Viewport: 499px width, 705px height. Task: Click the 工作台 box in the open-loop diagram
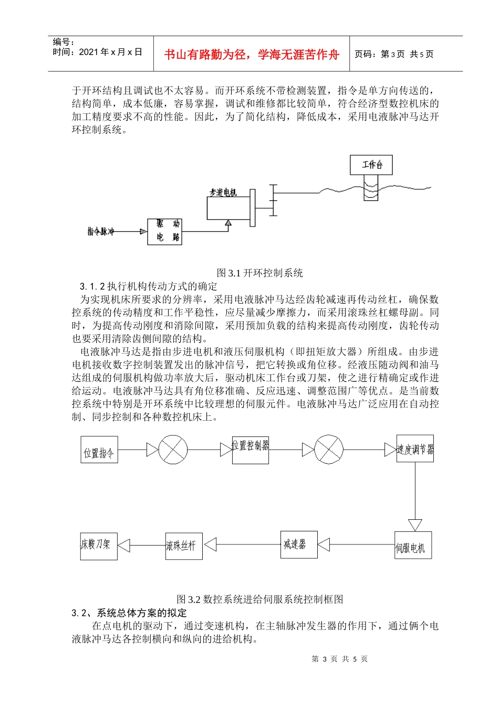[x=371, y=165]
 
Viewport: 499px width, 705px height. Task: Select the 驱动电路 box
[x=164, y=231]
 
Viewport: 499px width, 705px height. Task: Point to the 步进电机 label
[x=223, y=193]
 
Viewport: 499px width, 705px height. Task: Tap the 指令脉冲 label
[x=101, y=231]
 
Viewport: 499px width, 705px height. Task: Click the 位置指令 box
[x=99, y=450]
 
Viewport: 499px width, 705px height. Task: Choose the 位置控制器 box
[x=251, y=450]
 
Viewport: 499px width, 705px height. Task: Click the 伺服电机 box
[x=413, y=545]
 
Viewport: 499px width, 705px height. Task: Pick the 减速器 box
[x=298, y=544]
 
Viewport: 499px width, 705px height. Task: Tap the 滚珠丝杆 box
[x=184, y=546]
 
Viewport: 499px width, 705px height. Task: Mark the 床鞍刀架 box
[x=99, y=546]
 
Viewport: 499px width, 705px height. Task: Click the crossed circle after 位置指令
[x=173, y=450]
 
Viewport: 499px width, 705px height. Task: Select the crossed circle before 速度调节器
[x=329, y=450]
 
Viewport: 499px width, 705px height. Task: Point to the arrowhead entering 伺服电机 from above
[x=415, y=525]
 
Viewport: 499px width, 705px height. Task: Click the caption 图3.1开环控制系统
[x=259, y=273]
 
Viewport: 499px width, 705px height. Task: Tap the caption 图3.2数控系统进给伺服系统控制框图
[x=259, y=599]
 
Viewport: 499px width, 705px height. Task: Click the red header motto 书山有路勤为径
[x=252, y=54]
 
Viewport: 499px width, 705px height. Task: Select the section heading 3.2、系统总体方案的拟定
[x=129, y=613]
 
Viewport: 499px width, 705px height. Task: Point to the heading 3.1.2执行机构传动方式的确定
[x=148, y=286]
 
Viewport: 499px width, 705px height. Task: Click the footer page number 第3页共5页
[x=340, y=659]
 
